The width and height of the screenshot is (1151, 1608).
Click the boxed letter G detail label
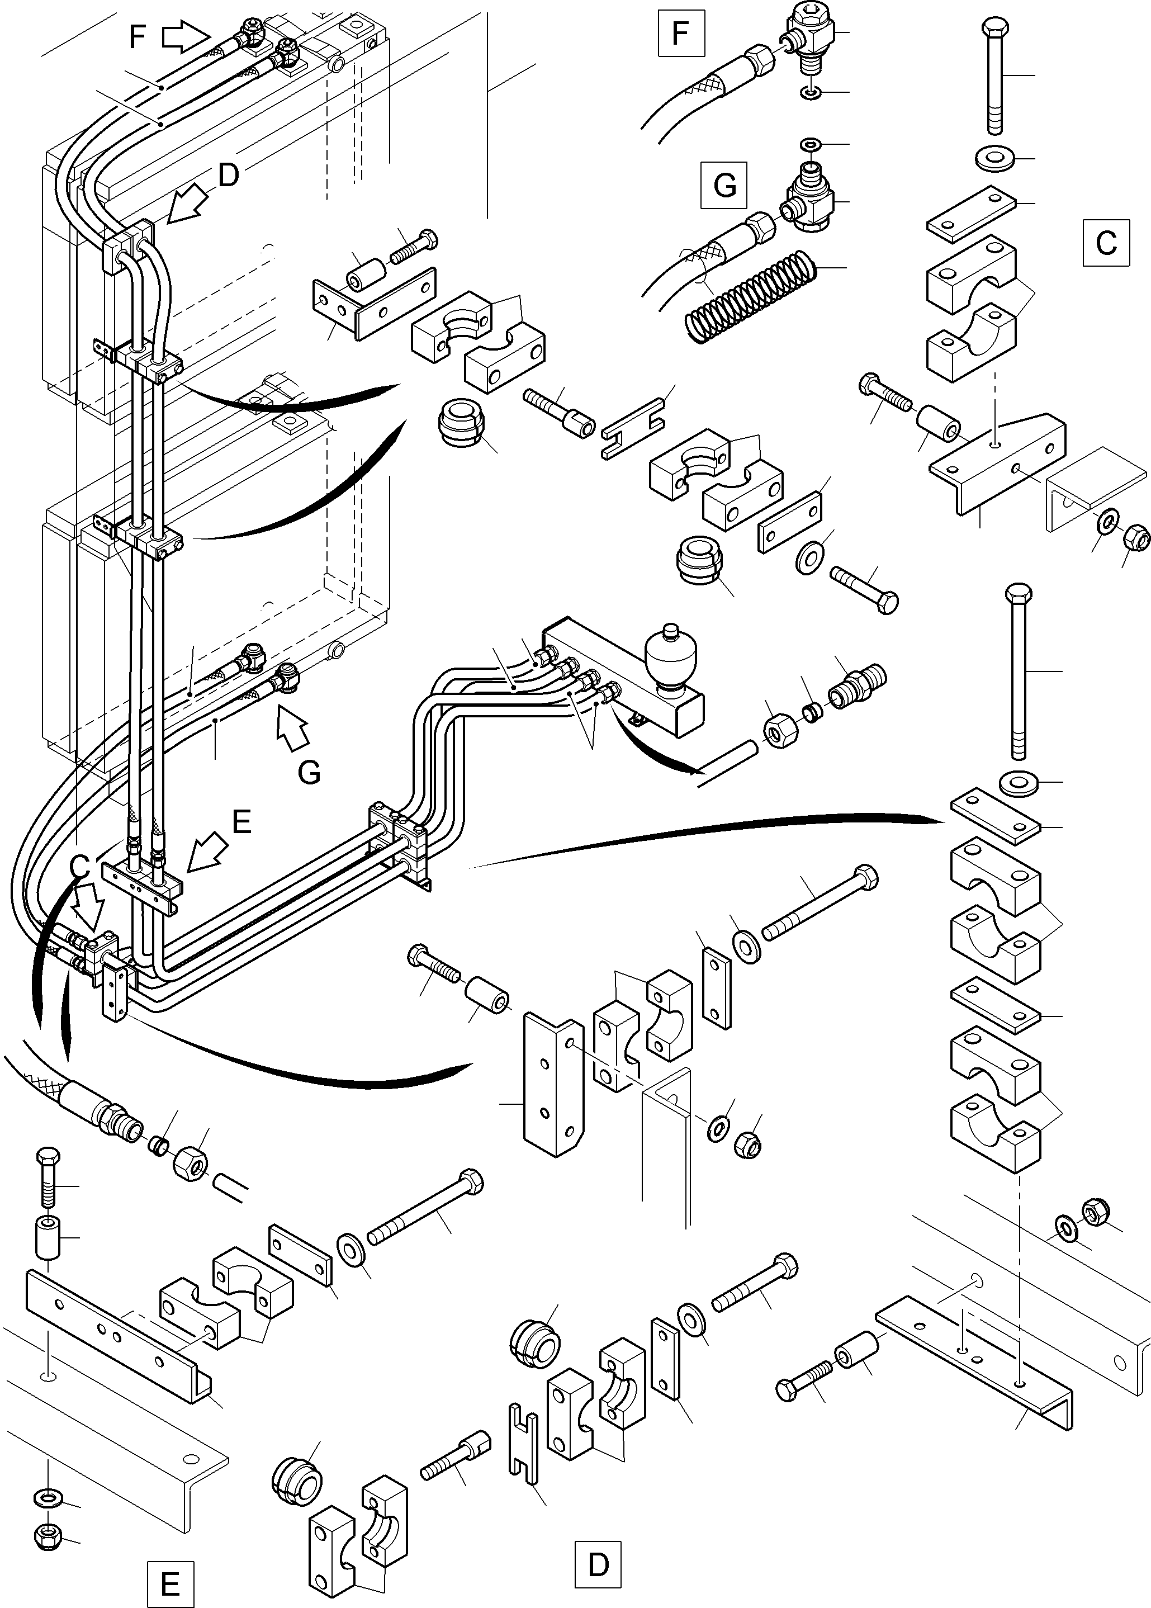(x=723, y=185)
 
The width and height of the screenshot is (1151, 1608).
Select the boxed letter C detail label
(x=1105, y=243)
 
